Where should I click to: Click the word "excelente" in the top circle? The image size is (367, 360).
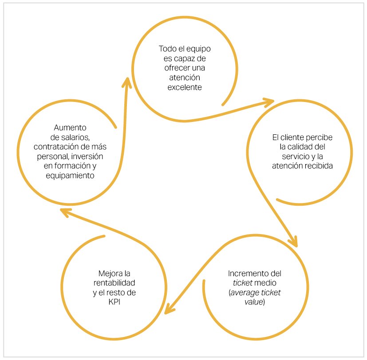(x=185, y=87)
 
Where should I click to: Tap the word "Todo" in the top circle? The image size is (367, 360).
(x=167, y=49)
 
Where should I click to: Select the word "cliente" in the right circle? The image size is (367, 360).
(x=292, y=137)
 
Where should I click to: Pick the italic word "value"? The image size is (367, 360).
(x=254, y=302)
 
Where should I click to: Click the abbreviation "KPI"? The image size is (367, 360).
(x=114, y=302)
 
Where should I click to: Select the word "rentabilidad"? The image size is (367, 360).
(x=114, y=283)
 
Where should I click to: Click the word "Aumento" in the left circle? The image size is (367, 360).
(x=70, y=128)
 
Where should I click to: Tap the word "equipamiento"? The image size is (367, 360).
(x=70, y=176)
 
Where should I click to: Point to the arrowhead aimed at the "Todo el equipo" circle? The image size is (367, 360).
(x=127, y=82)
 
